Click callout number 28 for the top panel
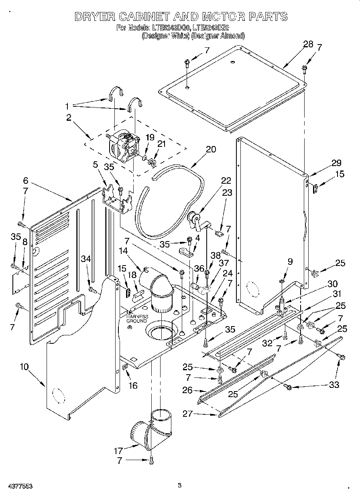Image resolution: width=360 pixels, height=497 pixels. click(x=308, y=45)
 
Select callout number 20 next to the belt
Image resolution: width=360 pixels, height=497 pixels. click(x=211, y=150)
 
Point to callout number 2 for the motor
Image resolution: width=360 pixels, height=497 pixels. click(x=69, y=118)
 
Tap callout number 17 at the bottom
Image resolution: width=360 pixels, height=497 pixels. click(x=119, y=451)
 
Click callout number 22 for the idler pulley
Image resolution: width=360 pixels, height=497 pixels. click(x=226, y=181)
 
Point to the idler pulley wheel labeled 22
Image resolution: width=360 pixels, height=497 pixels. click(x=193, y=219)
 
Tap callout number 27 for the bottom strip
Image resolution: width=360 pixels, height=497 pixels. click(x=188, y=414)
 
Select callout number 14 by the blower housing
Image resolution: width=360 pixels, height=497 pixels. click(x=123, y=251)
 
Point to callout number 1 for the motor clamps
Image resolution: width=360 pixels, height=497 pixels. click(x=68, y=106)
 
